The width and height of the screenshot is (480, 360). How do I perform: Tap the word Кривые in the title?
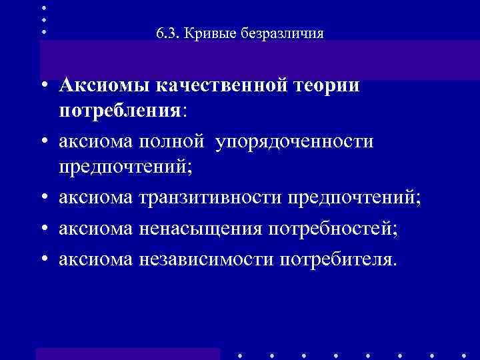(204, 33)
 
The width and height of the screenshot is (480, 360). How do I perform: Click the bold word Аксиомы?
(104, 86)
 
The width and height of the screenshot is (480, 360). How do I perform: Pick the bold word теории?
(327, 86)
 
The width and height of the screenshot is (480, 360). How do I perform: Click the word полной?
(175, 141)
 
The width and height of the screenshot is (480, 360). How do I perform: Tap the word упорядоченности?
(295, 141)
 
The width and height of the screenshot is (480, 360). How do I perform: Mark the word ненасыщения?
(201, 227)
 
